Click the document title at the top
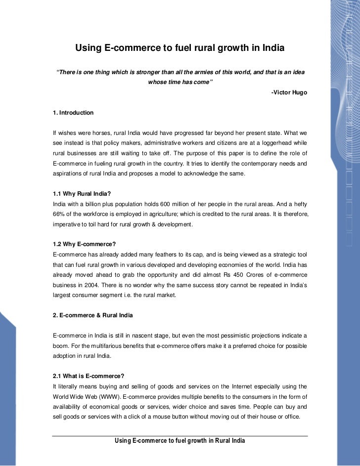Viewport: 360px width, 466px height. click(180, 48)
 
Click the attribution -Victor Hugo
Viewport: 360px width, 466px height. click(289, 92)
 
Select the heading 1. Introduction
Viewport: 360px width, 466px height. click(73, 114)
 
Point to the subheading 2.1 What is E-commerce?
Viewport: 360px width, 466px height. click(85, 376)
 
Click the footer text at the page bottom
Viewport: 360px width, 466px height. click(180, 441)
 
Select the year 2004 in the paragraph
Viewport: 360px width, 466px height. click(97, 285)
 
